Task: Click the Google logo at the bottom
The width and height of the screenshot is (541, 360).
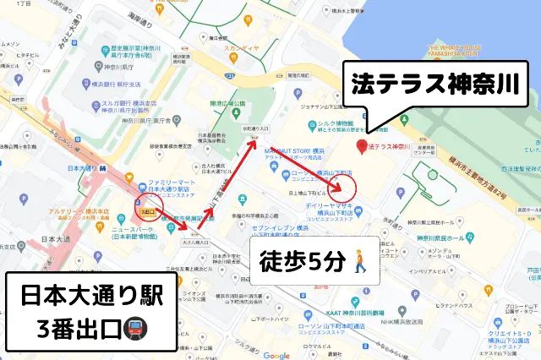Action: [276, 355]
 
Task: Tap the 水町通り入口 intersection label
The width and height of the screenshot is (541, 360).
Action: [256, 128]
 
